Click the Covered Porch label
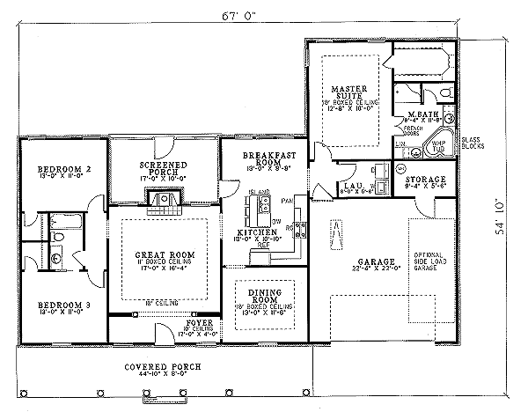[162, 365]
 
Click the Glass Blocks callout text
[470, 145]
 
